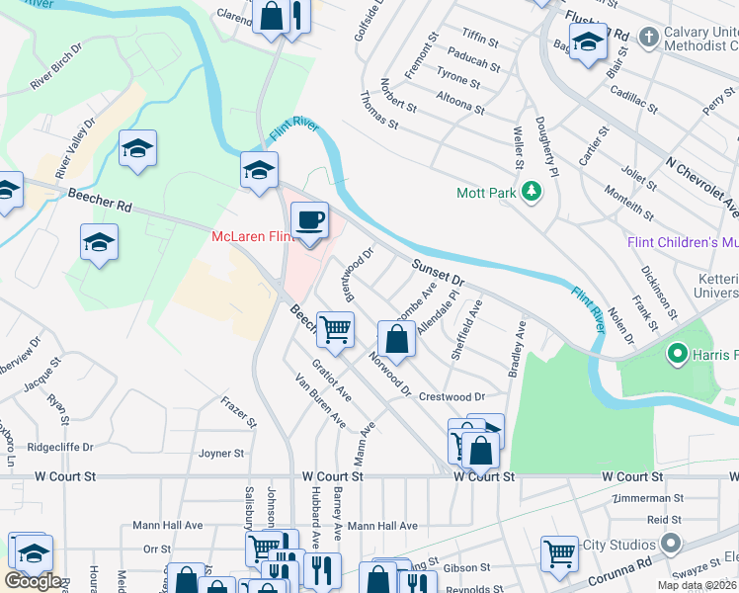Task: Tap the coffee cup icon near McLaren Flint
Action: click(x=310, y=220)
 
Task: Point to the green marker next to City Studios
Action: click(x=672, y=545)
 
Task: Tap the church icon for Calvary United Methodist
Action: click(x=649, y=38)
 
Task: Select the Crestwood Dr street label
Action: click(x=452, y=397)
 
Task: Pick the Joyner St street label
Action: click(x=221, y=454)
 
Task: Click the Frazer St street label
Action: click(x=238, y=412)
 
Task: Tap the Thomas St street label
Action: click(x=379, y=111)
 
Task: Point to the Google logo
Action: click(x=33, y=581)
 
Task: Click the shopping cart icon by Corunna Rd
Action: click(x=559, y=553)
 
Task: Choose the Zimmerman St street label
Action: click(x=647, y=499)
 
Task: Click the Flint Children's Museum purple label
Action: click(x=683, y=243)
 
